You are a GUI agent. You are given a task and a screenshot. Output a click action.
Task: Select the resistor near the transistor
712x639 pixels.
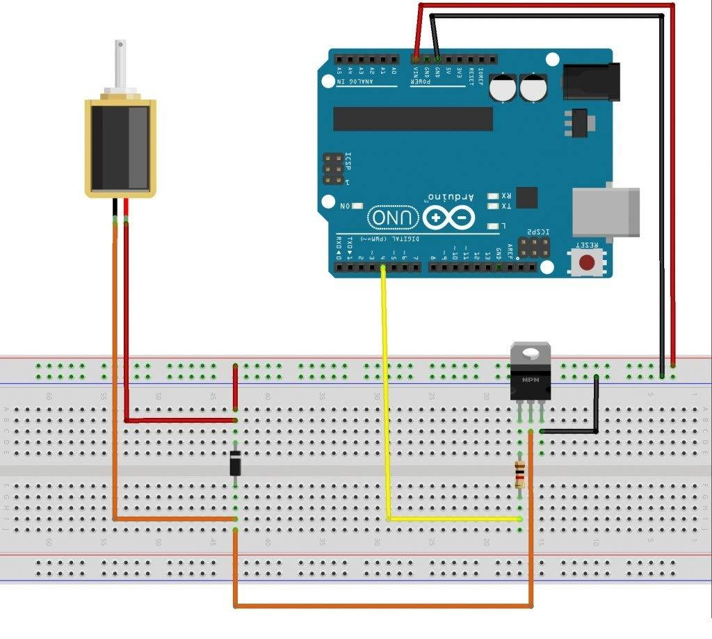click(519, 474)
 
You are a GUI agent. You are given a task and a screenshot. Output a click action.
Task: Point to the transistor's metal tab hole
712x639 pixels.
click(531, 353)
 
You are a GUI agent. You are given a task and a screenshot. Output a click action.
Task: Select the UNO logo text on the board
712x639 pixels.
click(392, 218)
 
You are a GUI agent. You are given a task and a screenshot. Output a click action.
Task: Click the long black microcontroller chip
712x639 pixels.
click(412, 119)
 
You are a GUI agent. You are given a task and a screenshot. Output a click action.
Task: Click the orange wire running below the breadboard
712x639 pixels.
click(382, 606)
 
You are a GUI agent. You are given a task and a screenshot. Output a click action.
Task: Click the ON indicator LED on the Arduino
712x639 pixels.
click(357, 206)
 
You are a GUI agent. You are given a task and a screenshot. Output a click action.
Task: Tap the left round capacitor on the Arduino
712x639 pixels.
click(501, 88)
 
